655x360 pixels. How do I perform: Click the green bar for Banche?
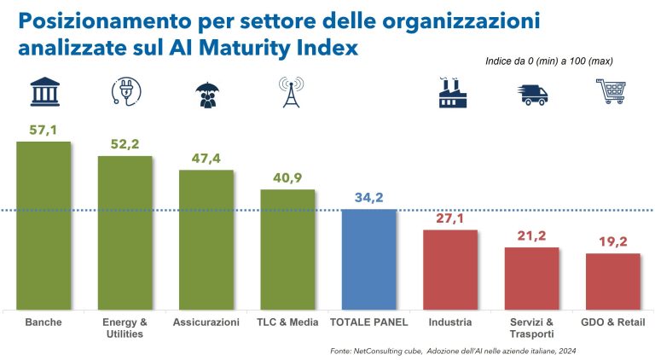(43, 225)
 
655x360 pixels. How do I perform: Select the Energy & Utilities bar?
(125, 232)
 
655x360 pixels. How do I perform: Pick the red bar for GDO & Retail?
(612, 281)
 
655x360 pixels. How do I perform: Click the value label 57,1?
(43, 129)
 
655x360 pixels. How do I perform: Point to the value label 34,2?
(368, 197)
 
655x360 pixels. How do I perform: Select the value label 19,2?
(612, 241)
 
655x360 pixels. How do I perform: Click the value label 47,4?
(206, 158)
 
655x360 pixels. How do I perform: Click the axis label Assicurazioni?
(206, 322)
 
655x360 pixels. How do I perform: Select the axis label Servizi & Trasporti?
(532, 328)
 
